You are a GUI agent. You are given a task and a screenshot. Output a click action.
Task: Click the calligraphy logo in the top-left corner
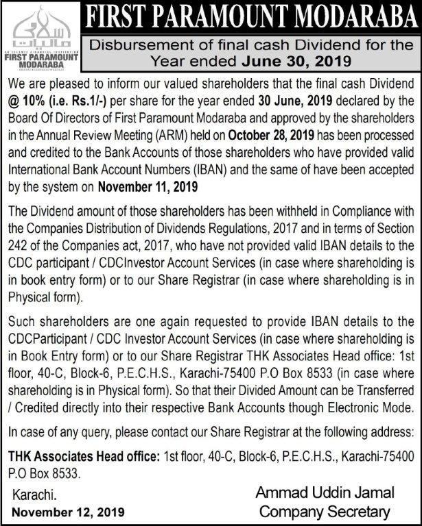tap(43, 28)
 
